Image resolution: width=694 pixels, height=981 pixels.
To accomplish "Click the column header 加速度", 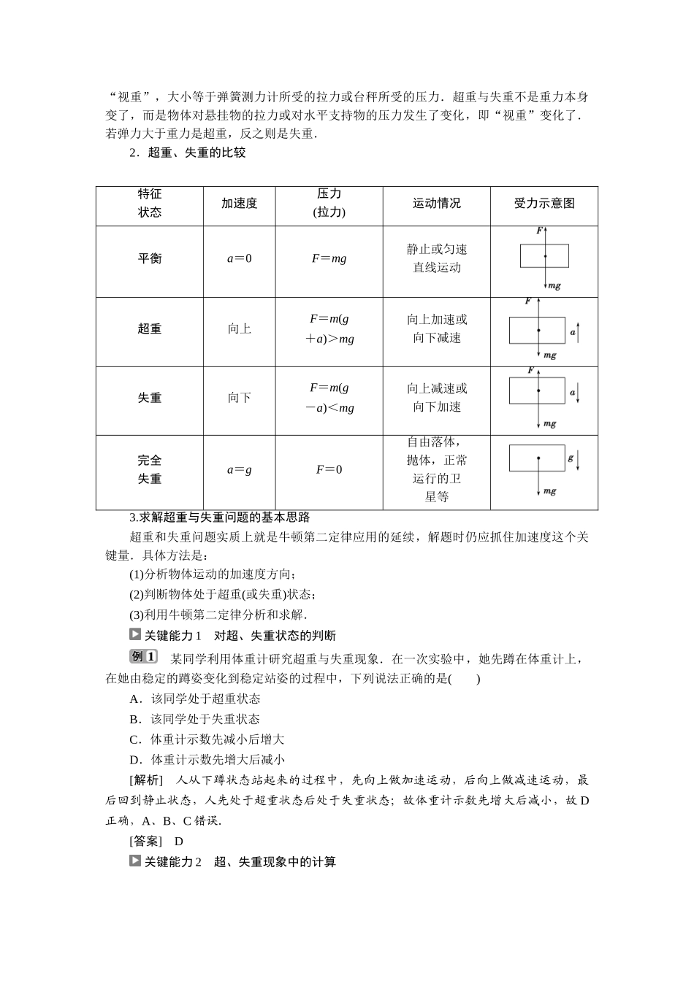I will [x=239, y=204].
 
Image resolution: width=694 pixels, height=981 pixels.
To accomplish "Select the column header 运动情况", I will [x=436, y=204].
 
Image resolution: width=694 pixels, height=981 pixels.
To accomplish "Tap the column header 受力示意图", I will [x=544, y=204].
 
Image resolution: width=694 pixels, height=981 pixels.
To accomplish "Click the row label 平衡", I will [x=150, y=258].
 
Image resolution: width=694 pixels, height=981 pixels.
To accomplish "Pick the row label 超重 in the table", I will [x=150, y=328].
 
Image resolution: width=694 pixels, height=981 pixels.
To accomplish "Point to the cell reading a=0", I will [x=239, y=258].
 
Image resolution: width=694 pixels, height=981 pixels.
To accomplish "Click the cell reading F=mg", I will [x=329, y=258].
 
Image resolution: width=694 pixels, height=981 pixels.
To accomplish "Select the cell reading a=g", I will [x=239, y=470].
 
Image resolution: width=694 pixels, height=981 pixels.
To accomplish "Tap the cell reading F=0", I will [x=329, y=470].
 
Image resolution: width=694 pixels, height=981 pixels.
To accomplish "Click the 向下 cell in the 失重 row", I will [x=239, y=398].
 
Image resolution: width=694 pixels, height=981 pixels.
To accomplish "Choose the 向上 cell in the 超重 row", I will [x=239, y=328].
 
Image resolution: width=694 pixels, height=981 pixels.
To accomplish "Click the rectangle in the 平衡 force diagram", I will [x=544, y=255].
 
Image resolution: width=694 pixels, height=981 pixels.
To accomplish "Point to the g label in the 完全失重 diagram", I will [x=571, y=458].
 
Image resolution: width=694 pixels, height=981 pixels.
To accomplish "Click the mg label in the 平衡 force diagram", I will [x=554, y=285].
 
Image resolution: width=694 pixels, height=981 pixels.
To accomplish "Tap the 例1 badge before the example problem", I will [x=142, y=657].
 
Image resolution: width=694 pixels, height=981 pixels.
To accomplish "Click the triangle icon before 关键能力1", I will [x=134, y=634].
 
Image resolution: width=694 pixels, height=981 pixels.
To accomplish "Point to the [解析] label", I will [x=145, y=780].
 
